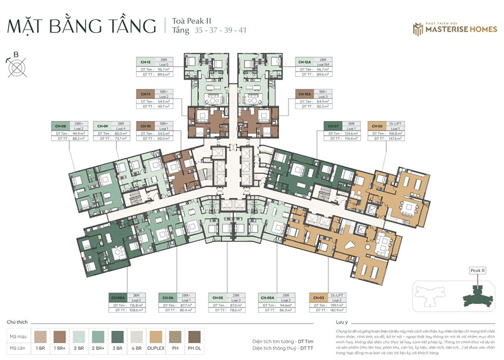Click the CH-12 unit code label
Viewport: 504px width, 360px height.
pyautogui.click(x=144, y=62)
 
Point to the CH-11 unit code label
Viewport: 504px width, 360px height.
pyautogui.click(x=144, y=93)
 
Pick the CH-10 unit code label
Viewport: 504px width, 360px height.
pyautogui.click(x=144, y=126)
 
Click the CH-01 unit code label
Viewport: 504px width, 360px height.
pyautogui.click(x=333, y=126)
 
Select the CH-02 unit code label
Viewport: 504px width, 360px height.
pyautogui.click(x=377, y=126)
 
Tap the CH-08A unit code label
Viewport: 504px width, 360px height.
pyautogui.click(x=118, y=296)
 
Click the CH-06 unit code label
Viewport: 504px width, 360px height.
pyautogui.click(x=167, y=296)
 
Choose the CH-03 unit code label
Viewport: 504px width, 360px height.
pyautogui.click(x=318, y=296)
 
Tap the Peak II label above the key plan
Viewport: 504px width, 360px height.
pyautogui.click(x=478, y=270)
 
